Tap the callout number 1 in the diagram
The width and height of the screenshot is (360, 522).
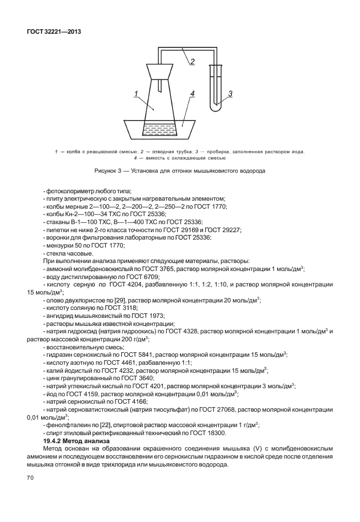135,93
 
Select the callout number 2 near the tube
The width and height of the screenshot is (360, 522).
193,62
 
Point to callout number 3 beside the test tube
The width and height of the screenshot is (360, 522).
230,93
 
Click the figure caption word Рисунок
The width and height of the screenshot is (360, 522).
107,170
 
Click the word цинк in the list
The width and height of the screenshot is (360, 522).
53,378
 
